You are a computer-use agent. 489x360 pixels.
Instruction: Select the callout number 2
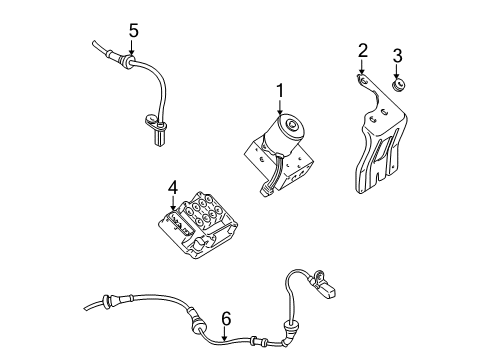(x=363, y=50)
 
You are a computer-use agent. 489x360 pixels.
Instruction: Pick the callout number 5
(x=132, y=31)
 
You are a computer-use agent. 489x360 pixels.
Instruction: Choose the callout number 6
(x=226, y=318)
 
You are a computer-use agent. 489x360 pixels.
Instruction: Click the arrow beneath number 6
(x=226, y=335)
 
